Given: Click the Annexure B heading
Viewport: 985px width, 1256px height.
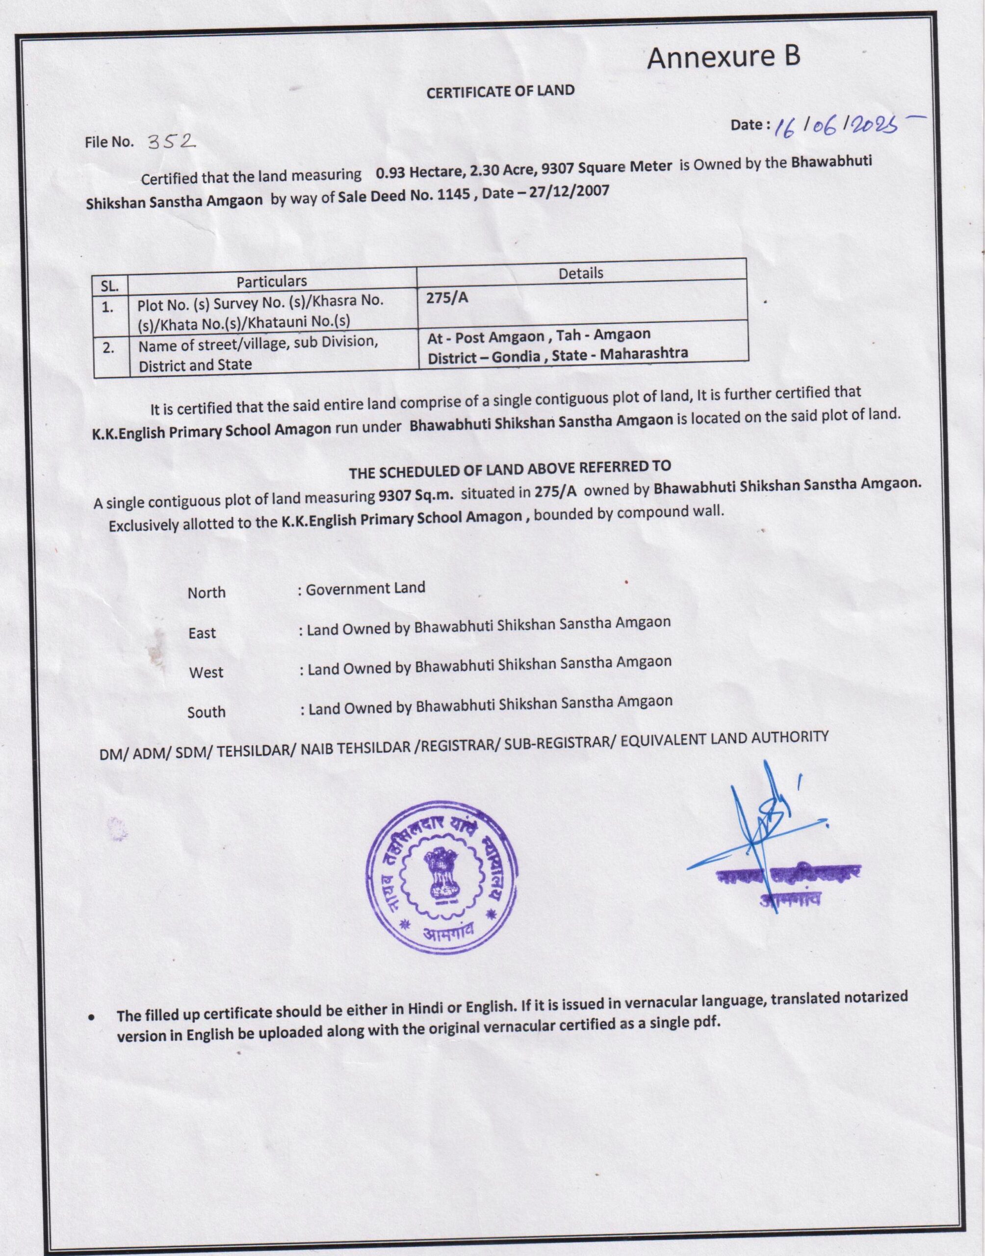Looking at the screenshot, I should point(723,58).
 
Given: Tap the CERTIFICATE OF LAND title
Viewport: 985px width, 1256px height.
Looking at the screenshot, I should point(500,91).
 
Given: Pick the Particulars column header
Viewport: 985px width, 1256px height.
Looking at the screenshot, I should point(272,281).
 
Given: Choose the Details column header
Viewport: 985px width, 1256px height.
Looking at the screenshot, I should point(581,273).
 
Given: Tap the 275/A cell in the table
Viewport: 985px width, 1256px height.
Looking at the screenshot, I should point(447,298).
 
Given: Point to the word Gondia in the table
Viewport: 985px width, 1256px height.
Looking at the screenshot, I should point(516,356).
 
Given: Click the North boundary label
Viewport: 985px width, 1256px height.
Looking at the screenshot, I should point(207,593).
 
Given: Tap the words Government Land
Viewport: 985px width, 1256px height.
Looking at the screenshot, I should point(365,589).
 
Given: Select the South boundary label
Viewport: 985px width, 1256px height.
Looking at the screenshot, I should point(206,712).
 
